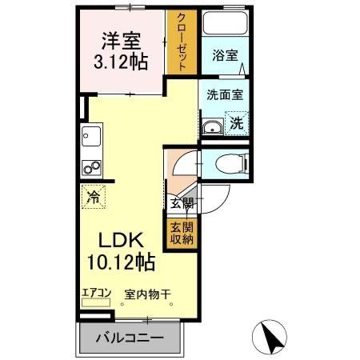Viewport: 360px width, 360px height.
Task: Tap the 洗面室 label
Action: pos(225,93)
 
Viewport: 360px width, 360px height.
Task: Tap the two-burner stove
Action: pos(90,169)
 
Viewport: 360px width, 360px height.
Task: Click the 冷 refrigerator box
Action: pos(94,195)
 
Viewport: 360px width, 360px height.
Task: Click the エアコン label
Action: pos(95,293)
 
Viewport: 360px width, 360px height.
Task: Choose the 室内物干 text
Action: pos(146,294)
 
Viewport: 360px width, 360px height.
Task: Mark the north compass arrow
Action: pos(271,335)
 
